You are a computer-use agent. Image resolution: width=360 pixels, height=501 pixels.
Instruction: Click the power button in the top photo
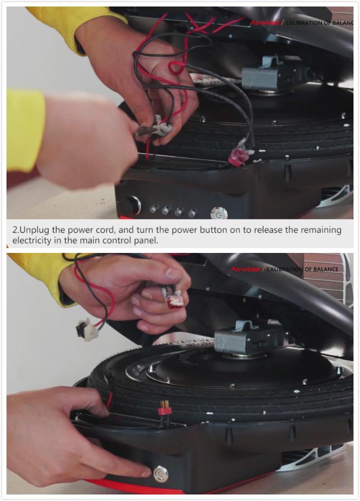click(218, 212)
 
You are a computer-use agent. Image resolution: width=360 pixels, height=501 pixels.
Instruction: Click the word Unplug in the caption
click(35, 230)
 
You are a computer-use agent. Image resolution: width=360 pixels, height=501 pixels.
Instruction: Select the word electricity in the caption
click(33, 240)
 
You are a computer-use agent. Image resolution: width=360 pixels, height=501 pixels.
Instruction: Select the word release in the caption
click(259, 230)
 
